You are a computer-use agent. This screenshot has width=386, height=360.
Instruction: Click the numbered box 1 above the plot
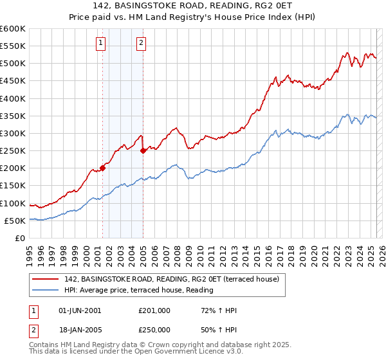click(x=102, y=44)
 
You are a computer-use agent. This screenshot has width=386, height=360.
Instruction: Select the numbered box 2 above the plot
click(x=141, y=44)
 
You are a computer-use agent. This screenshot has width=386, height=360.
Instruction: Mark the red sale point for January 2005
click(x=143, y=151)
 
